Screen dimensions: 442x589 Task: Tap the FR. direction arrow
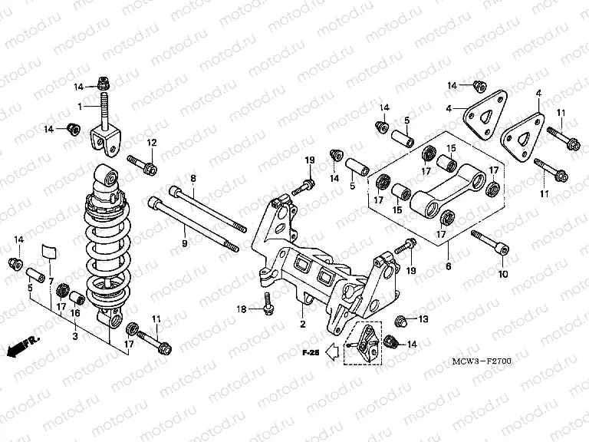(21, 347)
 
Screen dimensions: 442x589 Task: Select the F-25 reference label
(309, 353)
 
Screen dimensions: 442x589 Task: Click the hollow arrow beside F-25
(332, 353)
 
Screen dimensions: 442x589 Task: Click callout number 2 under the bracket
(302, 325)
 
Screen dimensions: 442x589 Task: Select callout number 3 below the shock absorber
(74, 336)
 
